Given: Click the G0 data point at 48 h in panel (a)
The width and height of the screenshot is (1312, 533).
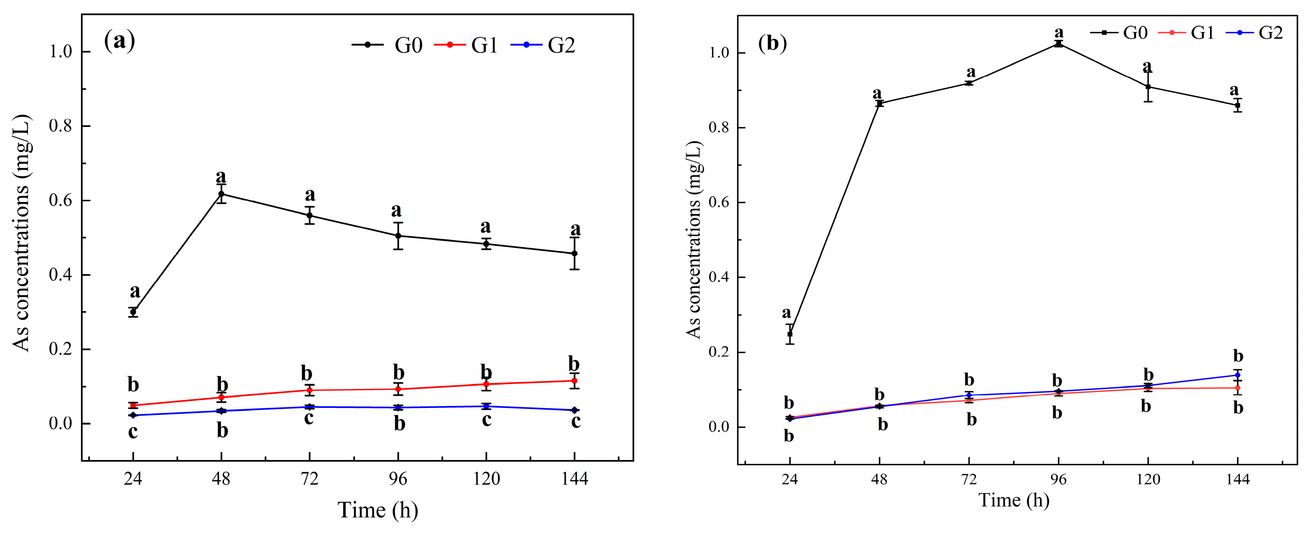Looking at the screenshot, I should point(221,194).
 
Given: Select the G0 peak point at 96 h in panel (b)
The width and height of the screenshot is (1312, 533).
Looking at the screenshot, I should point(1059,44).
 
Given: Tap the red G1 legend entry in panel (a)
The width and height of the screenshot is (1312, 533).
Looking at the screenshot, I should point(466,45).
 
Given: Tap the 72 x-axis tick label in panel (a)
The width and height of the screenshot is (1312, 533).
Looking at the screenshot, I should point(309,479).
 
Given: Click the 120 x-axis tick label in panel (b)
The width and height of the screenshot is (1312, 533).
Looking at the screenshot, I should point(1148,480).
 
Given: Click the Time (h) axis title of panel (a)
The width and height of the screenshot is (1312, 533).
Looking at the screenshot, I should point(377,509).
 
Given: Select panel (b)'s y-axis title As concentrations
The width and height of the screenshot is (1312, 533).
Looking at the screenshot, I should point(694,239).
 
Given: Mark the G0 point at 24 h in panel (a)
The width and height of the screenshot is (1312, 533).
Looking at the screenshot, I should point(133,312).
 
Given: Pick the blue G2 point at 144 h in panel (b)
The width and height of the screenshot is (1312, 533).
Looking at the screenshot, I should point(1238,375).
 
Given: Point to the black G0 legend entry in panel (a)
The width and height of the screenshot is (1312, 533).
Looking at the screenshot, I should point(387,45).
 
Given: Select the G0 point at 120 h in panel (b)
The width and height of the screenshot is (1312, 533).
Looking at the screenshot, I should point(1148,87).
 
